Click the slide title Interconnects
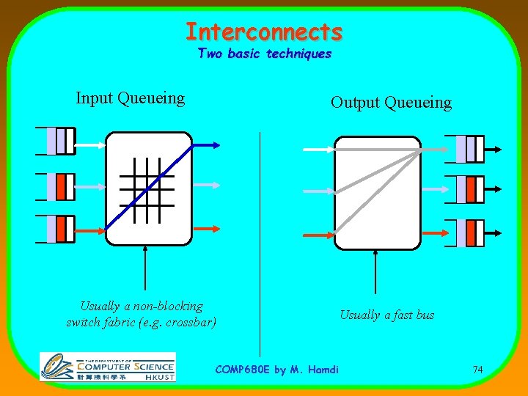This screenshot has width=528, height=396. (263, 32)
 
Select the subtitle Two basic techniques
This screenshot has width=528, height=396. (264, 54)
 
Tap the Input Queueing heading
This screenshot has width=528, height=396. (130, 98)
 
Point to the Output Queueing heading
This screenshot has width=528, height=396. (391, 102)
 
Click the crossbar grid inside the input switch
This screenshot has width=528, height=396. (147, 188)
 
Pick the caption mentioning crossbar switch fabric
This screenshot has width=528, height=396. (142, 314)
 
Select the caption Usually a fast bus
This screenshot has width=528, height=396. (386, 315)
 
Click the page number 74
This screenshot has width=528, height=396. (477, 370)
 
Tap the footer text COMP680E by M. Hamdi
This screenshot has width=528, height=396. (277, 369)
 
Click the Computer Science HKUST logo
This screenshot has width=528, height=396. (107, 367)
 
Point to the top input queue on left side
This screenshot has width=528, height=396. (56, 141)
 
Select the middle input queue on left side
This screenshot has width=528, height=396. (56, 187)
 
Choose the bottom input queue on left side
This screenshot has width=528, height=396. (56, 229)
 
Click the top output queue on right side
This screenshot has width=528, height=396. (465, 149)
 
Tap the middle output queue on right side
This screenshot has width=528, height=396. (465, 191)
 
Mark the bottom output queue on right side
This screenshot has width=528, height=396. (465, 233)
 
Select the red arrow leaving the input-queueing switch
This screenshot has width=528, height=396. (205, 230)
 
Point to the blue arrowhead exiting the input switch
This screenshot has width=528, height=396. (212, 144)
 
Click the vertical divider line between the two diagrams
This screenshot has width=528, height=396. (260, 242)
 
